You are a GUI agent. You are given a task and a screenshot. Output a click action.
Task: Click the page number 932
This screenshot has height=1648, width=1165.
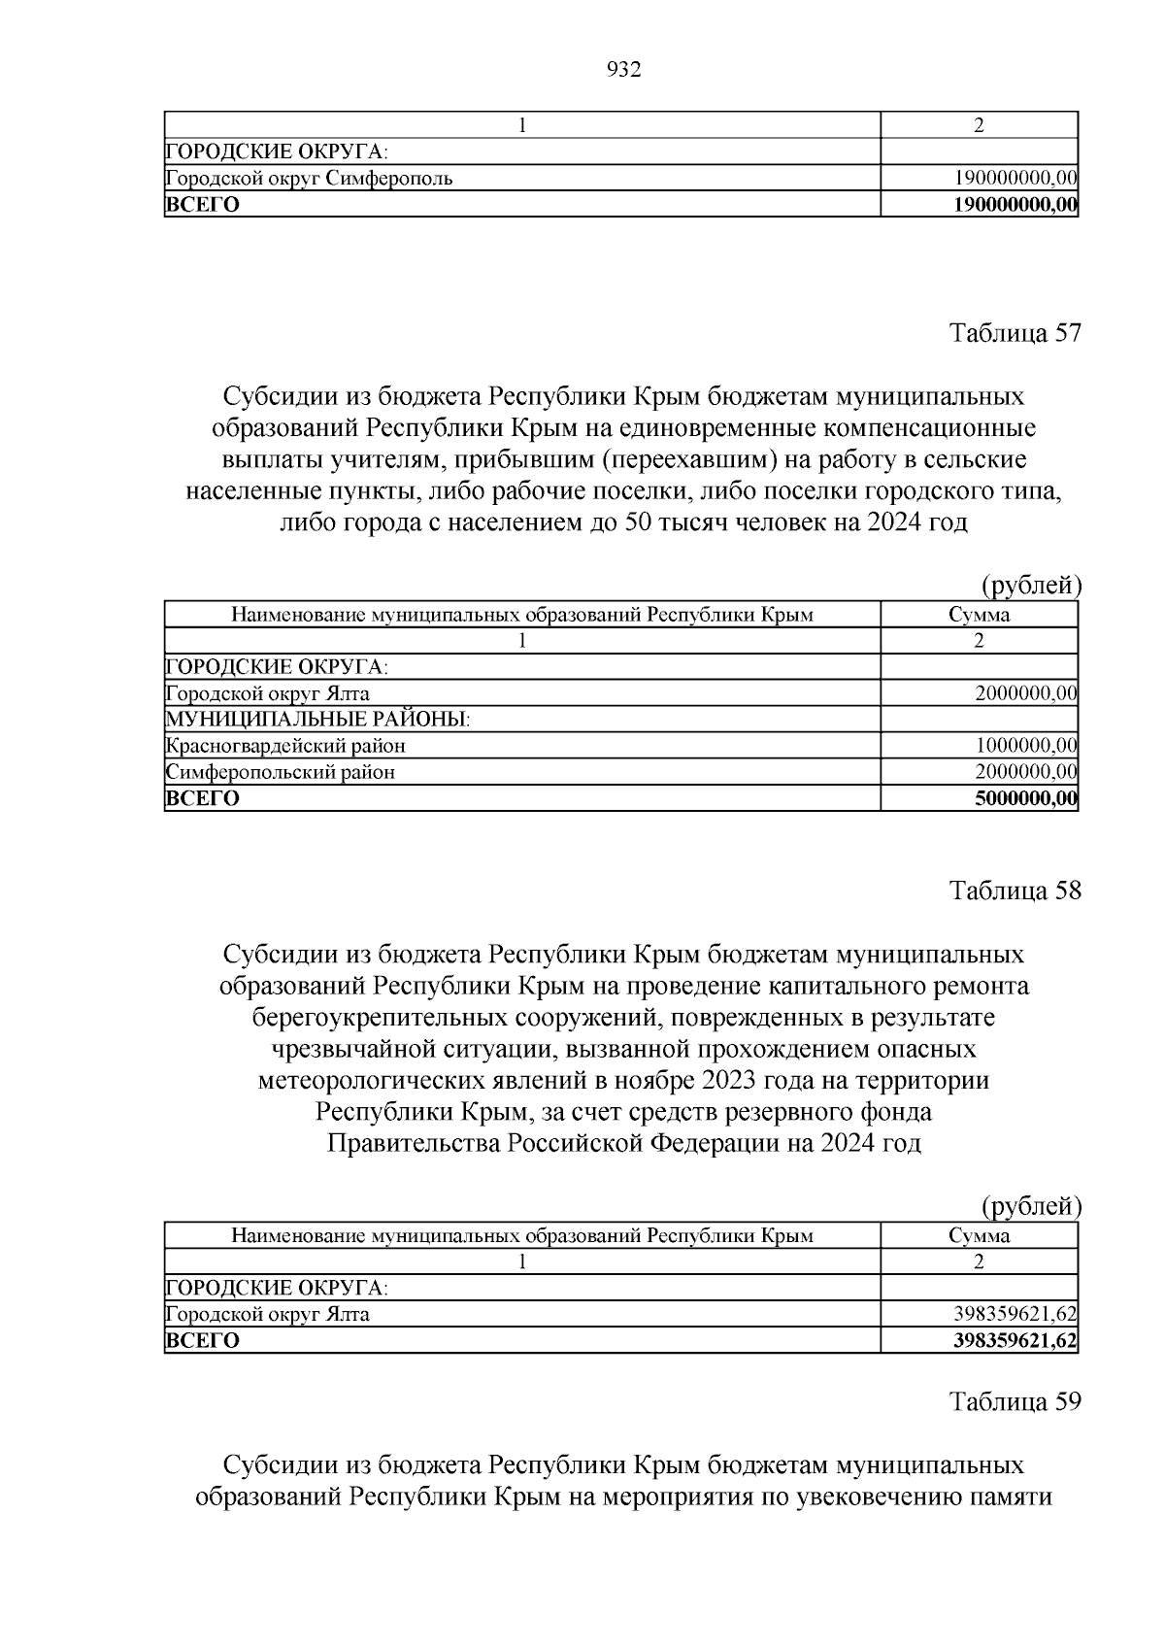(x=623, y=70)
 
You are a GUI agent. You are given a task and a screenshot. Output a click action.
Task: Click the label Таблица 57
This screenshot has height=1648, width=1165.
(x=1015, y=333)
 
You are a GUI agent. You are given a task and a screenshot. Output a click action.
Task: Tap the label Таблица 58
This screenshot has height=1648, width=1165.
(x=1015, y=891)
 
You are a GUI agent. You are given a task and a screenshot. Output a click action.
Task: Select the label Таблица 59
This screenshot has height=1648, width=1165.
(x=1015, y=1401)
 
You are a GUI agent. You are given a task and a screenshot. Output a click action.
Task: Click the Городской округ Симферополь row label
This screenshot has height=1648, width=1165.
(x=309, y=179)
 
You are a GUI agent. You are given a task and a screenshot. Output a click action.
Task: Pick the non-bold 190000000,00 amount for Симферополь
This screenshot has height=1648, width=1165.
(x=1015, y=179)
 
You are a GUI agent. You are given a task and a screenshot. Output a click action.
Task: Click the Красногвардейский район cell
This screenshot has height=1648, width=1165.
(x=285, y=746)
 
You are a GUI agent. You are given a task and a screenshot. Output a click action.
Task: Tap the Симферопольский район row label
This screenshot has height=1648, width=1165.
(x=281, y=772)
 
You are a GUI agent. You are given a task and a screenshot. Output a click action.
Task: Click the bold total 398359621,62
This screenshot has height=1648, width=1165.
(x=1015, y=1341)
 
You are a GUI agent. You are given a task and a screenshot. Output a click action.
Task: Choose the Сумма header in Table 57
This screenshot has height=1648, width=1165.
(x=979, y=615)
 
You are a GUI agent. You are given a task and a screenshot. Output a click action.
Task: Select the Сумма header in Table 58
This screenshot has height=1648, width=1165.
(x=979, y=1236)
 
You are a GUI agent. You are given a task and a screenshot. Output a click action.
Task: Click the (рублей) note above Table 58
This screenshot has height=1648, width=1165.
(x=1031, y=1206)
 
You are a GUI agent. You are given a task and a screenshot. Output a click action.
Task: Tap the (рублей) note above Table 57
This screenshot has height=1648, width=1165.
(x=1031, y=585)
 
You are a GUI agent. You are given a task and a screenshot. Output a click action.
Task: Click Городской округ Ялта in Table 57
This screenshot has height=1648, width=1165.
(x=268, y=693)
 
